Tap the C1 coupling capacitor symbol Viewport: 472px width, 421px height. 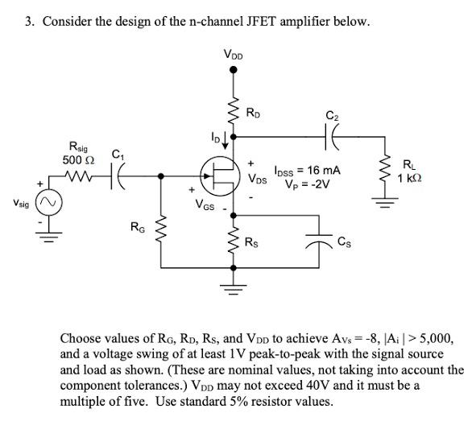click(119, 175)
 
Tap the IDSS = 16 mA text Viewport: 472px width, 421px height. click(307, 171)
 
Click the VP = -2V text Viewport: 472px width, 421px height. click(309, 183)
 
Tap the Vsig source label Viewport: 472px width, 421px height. click(18, 205)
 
